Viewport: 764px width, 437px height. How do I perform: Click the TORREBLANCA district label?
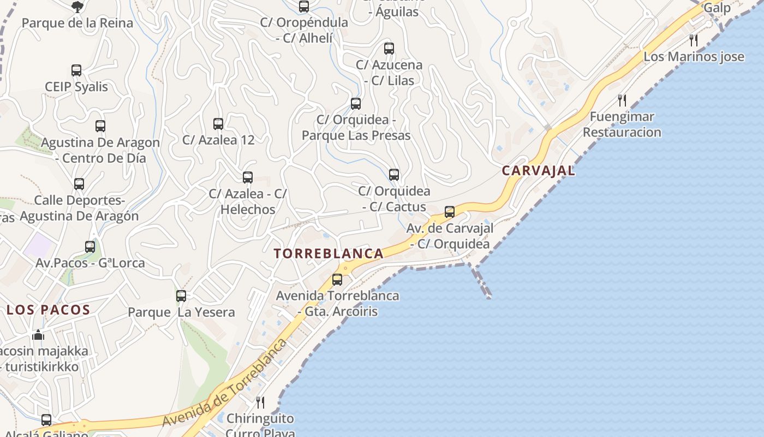click(329, 254)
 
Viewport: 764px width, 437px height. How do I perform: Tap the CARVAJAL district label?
click(538, 170)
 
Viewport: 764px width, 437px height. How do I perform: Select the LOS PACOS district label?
click(48, 310)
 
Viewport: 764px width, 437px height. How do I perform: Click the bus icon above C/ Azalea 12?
click(218, 124)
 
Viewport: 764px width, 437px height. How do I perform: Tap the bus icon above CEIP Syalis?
click(76, 70)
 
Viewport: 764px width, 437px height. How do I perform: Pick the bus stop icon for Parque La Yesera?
click(181, 296)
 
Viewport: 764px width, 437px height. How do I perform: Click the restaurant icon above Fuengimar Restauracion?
click(622, 100)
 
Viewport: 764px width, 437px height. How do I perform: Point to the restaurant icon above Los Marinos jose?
click(694, 40)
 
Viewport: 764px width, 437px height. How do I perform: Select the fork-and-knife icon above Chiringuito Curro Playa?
click(260, 403)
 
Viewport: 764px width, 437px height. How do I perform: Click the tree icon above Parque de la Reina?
click(77, 7)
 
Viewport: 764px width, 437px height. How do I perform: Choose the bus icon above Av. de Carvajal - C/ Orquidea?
click(450, 212)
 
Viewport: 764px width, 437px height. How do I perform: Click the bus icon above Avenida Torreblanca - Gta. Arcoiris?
click(337, 280)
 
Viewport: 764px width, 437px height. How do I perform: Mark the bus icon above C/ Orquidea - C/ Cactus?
click(394, 175)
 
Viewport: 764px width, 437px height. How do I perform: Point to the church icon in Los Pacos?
click(38, 334)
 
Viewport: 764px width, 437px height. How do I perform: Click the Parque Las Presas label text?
click(356, 135)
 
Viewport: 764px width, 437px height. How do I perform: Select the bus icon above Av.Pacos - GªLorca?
click(90, 247)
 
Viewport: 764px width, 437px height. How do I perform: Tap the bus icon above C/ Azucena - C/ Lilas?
click(389, 49)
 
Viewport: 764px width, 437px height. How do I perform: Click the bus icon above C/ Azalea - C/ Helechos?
click(248, 178)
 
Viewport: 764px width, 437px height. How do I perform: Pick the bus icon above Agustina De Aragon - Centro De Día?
click(100, 126)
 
